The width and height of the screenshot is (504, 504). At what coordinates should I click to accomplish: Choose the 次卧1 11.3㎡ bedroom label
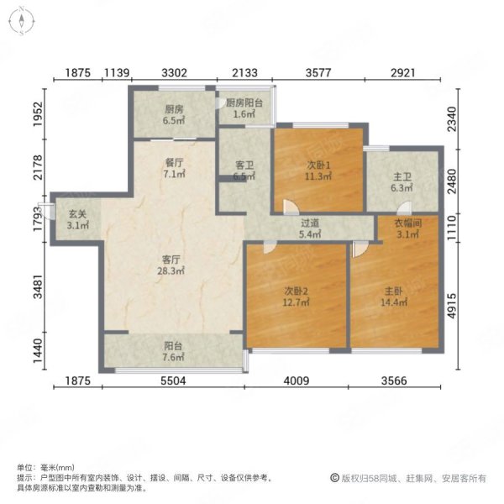(x=318, y=171)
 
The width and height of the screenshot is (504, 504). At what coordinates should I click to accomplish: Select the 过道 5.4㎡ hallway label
(x=310, y=229)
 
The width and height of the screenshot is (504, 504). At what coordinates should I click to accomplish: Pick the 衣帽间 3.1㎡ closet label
(x=407, y=228)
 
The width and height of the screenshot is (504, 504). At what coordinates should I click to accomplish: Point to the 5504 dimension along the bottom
(x=173, y=381)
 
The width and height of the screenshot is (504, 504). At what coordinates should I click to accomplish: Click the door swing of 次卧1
(x=290, y=206)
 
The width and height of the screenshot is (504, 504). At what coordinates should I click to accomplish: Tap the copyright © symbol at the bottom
(x=333, y=478)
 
